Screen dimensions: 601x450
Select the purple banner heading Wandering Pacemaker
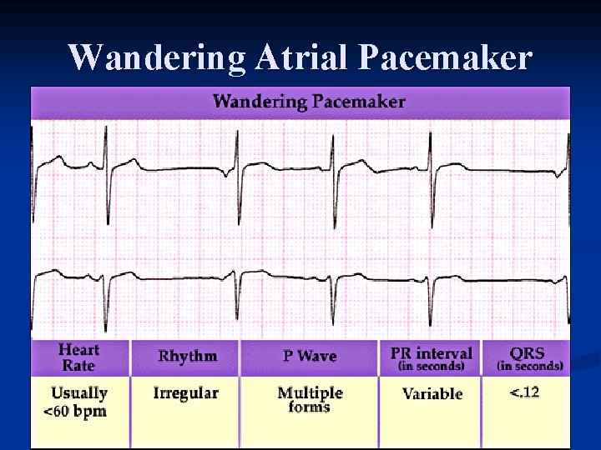pyautogui.click(x=309, y=102)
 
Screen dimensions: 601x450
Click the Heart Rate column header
pyautogui.click(x=78, y=357)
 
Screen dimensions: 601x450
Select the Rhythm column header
pyautogui.click(x=188, y=357)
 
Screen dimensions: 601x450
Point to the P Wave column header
pyautogui.click(x=309, y=357)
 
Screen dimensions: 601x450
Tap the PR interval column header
pyautogui.click(x=431, y=353)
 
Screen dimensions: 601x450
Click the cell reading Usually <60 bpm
pyautogui.click(x=78, y=402)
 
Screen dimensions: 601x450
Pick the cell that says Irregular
pyautogui.click(x=185, y=393)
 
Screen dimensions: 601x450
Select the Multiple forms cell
pyautogui.click(x=310, y=399)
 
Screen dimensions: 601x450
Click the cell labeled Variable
pyautogui.click(x=432, y=394)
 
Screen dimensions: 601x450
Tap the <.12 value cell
pyautogui.click(x=524, y=392)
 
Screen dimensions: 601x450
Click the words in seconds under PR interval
pyautogui.click(x=431, y=367)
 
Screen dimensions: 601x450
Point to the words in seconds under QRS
pyautogui.click(x=531, y=367)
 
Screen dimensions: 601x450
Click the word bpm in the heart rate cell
pyautogui.click(x=91, y=411)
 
